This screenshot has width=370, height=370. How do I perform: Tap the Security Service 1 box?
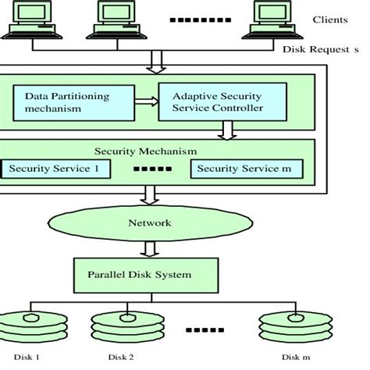tap(55, 169)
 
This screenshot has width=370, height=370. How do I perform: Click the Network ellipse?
tap(159, 222)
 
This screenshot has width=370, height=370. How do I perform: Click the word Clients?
tap(330, 20)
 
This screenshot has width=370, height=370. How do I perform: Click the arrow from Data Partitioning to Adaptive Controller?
tap(144, 101)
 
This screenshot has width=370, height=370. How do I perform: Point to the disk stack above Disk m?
tap(286, 326)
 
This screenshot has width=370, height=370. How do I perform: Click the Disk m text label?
tap(290, 358)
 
